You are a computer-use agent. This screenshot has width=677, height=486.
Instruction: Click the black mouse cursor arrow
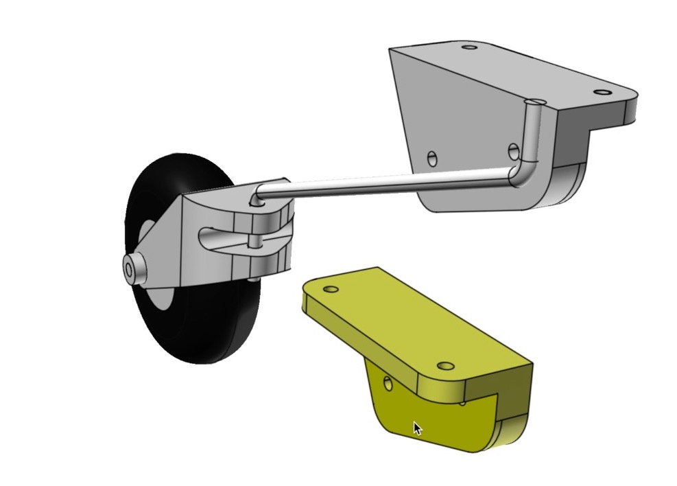coord(417,428)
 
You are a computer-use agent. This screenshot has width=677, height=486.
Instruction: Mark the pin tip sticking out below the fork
coord(255,279)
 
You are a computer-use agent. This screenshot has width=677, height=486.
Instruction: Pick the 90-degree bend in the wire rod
coord(522,174)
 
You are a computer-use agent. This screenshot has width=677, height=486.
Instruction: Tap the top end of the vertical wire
coord(536,103)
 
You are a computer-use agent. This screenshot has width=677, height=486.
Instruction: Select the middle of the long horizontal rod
coord(384,184)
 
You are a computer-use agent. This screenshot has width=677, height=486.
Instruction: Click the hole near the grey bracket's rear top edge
coord(469,47)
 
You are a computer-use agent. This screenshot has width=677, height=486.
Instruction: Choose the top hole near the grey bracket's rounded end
coord(602,92)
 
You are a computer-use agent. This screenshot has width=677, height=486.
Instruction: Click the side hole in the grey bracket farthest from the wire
coord(431,159)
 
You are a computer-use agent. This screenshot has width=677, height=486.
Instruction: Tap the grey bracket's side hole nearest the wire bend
coord(513,150)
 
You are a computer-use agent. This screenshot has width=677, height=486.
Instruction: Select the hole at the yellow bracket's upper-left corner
coord(331,289)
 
